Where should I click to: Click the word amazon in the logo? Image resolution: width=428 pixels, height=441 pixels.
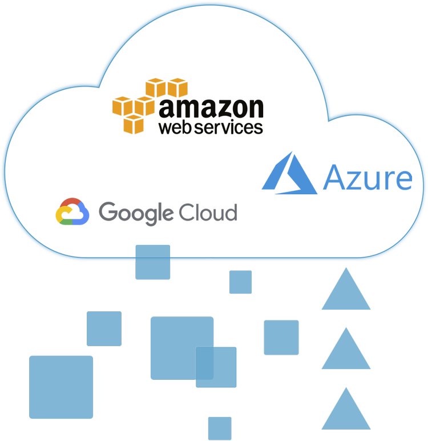point(211,108)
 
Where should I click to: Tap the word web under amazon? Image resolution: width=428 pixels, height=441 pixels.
point(176,127)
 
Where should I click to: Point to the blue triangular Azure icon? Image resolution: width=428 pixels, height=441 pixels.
point(289,173)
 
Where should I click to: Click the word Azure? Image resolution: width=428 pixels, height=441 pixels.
point(368,178)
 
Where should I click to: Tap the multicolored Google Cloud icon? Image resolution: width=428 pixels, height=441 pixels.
point(72,211)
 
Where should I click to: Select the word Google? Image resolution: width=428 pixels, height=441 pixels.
point(136,213)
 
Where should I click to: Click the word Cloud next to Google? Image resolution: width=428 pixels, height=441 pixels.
point(208,212)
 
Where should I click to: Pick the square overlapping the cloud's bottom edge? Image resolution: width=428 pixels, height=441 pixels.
point(152,262)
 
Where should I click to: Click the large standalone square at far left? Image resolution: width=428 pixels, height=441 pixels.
point(61,387)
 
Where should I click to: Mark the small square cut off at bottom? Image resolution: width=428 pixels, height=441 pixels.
point(220,428)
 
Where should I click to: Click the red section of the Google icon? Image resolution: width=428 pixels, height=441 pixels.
point(72,202)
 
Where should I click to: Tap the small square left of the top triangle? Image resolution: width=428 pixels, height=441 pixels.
point(241,282)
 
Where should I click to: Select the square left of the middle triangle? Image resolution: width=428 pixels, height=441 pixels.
point(281,338)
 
